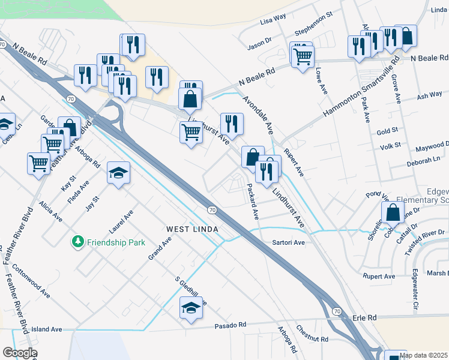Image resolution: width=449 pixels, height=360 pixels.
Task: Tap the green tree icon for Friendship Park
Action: tap(77, 242)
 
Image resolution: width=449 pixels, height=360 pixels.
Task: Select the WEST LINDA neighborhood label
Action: tap(191, 230)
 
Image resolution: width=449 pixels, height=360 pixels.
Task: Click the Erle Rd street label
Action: tap(364, 317)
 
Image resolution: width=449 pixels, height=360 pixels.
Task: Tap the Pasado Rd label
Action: tap(231, 325)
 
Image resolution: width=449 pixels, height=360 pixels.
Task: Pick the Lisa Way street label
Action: tap(273, 21)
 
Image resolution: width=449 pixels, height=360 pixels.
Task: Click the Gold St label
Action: tap(387, 130)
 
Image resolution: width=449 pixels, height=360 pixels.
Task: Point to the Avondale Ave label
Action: tap(259, 114)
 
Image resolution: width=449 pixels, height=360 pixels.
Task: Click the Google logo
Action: tap(20, 353)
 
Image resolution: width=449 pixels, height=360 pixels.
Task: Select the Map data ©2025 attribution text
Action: tap(423, 355)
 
